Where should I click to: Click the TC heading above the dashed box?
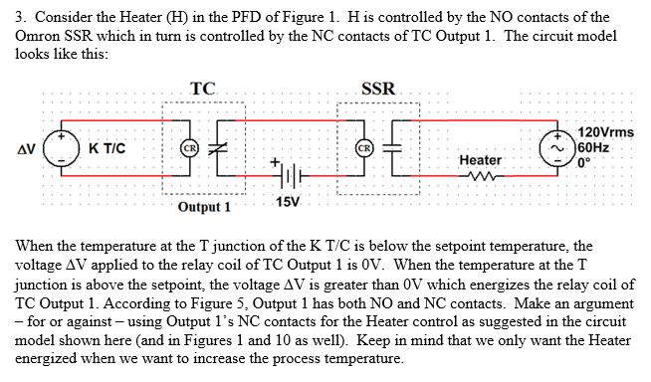click(x=204, y=89)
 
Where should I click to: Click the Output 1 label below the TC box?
click(x=204, y=207)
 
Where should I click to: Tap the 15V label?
click(x=286, y=204)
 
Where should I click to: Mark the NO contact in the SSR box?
click(x=397, y=150)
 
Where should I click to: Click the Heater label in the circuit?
click(x=480, y=159)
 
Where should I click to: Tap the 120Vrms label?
click(x=605, y=133)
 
